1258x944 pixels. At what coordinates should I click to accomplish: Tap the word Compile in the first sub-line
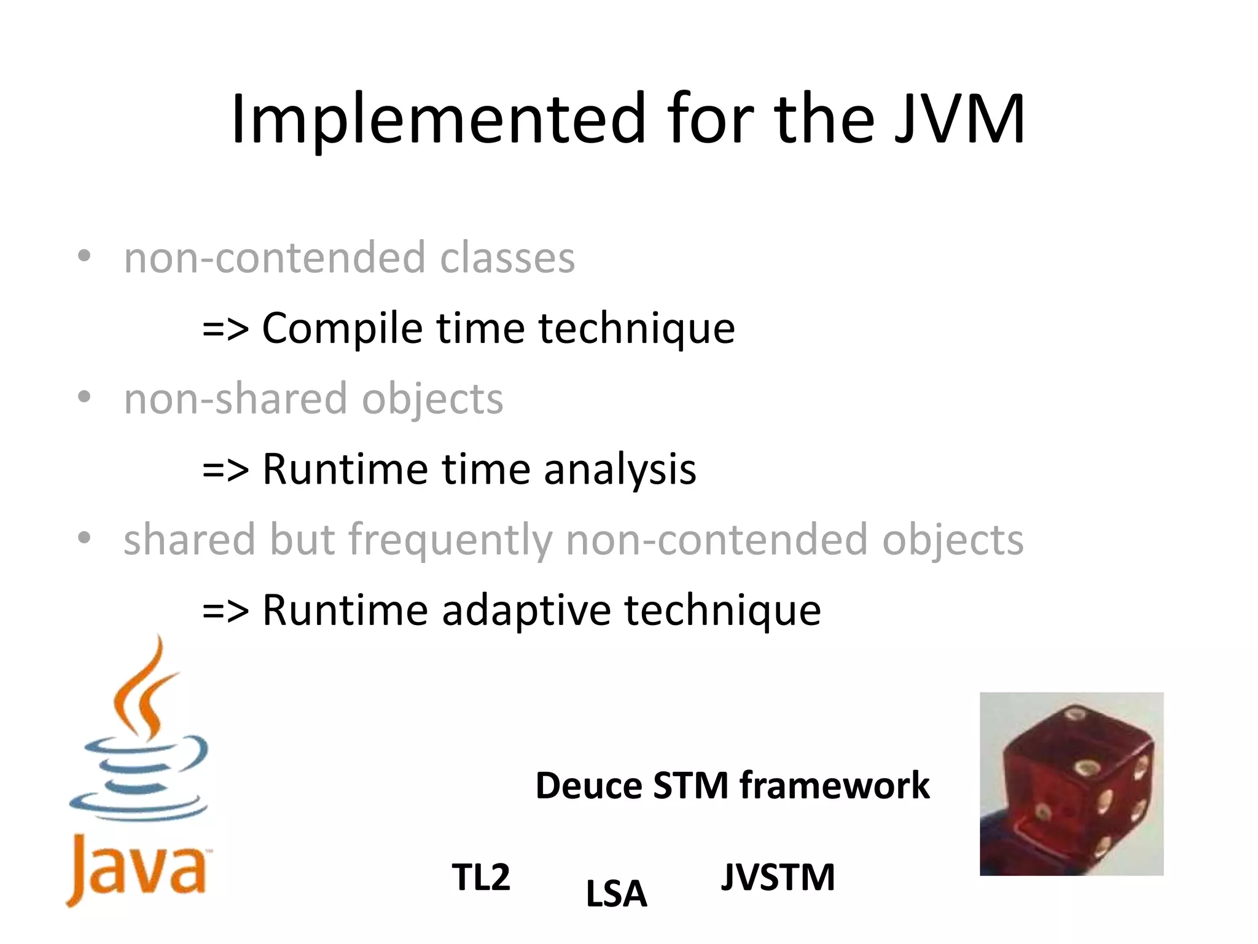tap(342, 328)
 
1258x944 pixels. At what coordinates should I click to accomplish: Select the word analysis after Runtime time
tap(620, 469)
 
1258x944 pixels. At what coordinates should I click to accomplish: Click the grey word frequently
tap(451, 540)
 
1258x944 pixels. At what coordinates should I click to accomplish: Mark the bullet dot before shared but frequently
tap(84, 538)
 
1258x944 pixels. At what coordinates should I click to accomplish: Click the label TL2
tap(481, 877)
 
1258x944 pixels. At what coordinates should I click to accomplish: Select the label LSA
tap(616, 894)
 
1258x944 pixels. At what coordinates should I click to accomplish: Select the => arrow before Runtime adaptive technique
tap(225, 611)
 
